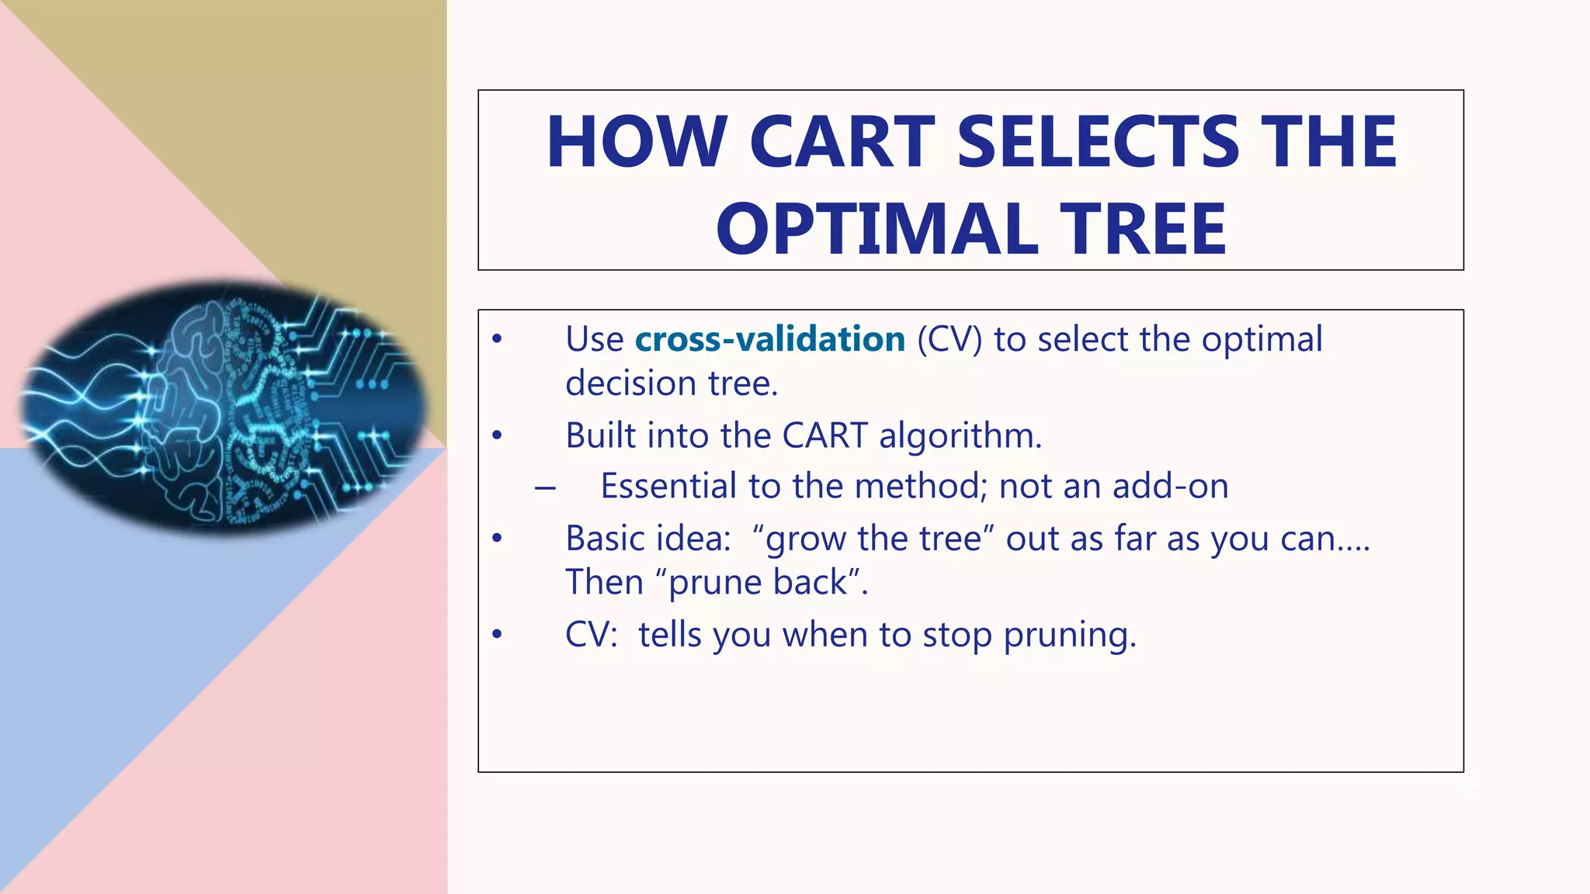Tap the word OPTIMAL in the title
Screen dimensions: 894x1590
877,229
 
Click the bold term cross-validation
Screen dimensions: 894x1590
769,339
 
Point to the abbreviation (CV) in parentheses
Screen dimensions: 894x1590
949,339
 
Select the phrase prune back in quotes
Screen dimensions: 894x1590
758,582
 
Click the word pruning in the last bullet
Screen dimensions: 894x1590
1069,635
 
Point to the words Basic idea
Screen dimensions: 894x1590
647,539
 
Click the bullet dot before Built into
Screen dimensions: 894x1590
498,436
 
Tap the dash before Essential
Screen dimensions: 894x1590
545,487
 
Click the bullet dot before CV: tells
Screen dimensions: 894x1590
498,635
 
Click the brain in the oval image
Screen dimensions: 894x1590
225,407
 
